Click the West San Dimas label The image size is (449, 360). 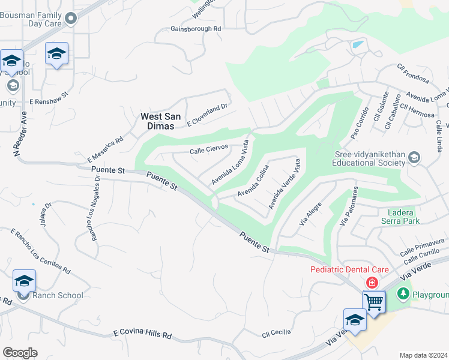157,122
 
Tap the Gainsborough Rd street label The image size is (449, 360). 196,29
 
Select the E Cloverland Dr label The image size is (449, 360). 208,115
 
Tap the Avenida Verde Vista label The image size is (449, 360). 284,183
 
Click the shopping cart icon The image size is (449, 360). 373,301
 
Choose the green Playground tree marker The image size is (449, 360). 403,294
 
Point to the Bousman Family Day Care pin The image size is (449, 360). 71,19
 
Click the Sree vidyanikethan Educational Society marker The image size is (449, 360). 414,158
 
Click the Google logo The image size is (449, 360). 20,353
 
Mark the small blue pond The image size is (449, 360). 358,44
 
